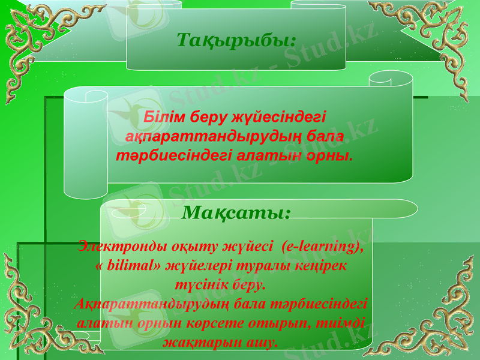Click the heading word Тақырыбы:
236,40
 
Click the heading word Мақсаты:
236,212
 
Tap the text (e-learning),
322,245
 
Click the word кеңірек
327,264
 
